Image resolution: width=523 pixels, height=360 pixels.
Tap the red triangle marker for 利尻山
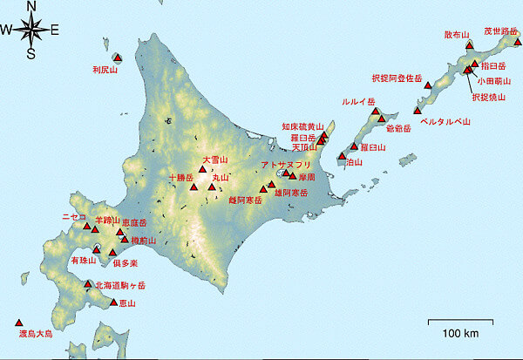[118, 58]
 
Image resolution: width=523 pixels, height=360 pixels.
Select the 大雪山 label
[214, 160]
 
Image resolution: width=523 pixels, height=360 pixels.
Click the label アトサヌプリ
[286, 165]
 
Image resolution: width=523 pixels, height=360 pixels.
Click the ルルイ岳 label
[358, 102]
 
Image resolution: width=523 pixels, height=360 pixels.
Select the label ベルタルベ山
[445, 122]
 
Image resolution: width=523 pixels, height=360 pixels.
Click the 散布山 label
[456, 35]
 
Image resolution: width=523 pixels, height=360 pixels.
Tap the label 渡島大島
[35, 333]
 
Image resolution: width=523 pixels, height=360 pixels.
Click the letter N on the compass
[31, 6]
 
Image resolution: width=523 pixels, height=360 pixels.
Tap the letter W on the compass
[6, 31]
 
